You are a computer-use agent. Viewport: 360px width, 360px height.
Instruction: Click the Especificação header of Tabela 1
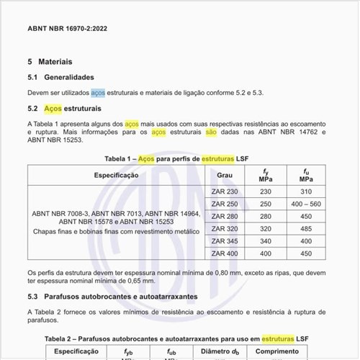click(x=116, y=175)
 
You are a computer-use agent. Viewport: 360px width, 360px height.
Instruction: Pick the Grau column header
click(x=225, y=175)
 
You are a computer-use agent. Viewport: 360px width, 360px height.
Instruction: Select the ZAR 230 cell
click(x=225, y=192)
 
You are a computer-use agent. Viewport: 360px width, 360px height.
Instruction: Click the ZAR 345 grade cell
click(x=225, y=241)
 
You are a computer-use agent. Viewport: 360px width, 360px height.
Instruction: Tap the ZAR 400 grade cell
click(x=225, y=253)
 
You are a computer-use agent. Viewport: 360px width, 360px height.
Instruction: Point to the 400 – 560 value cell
click(x=306, y=204)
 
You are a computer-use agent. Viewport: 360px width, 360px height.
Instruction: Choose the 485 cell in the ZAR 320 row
click(x=306, y=229)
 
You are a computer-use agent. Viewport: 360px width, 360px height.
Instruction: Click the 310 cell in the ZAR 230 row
click(x=306, y=192)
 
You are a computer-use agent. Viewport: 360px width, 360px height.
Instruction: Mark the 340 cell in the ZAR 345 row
click(x=266, y=241)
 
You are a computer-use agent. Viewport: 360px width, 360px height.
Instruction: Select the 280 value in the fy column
click(x=266, y=216)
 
